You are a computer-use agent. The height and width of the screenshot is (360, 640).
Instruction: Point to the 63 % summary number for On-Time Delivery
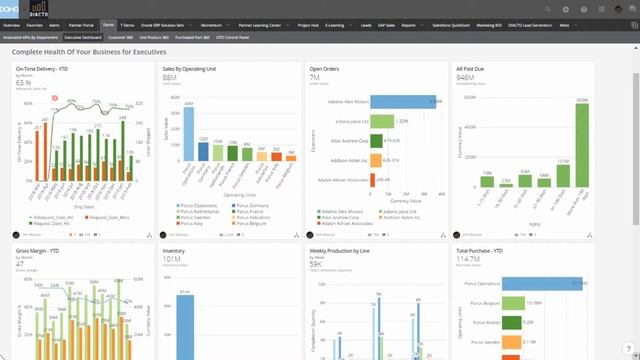(23, 83)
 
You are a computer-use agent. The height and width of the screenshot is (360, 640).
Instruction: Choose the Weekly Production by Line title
(341, 252)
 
